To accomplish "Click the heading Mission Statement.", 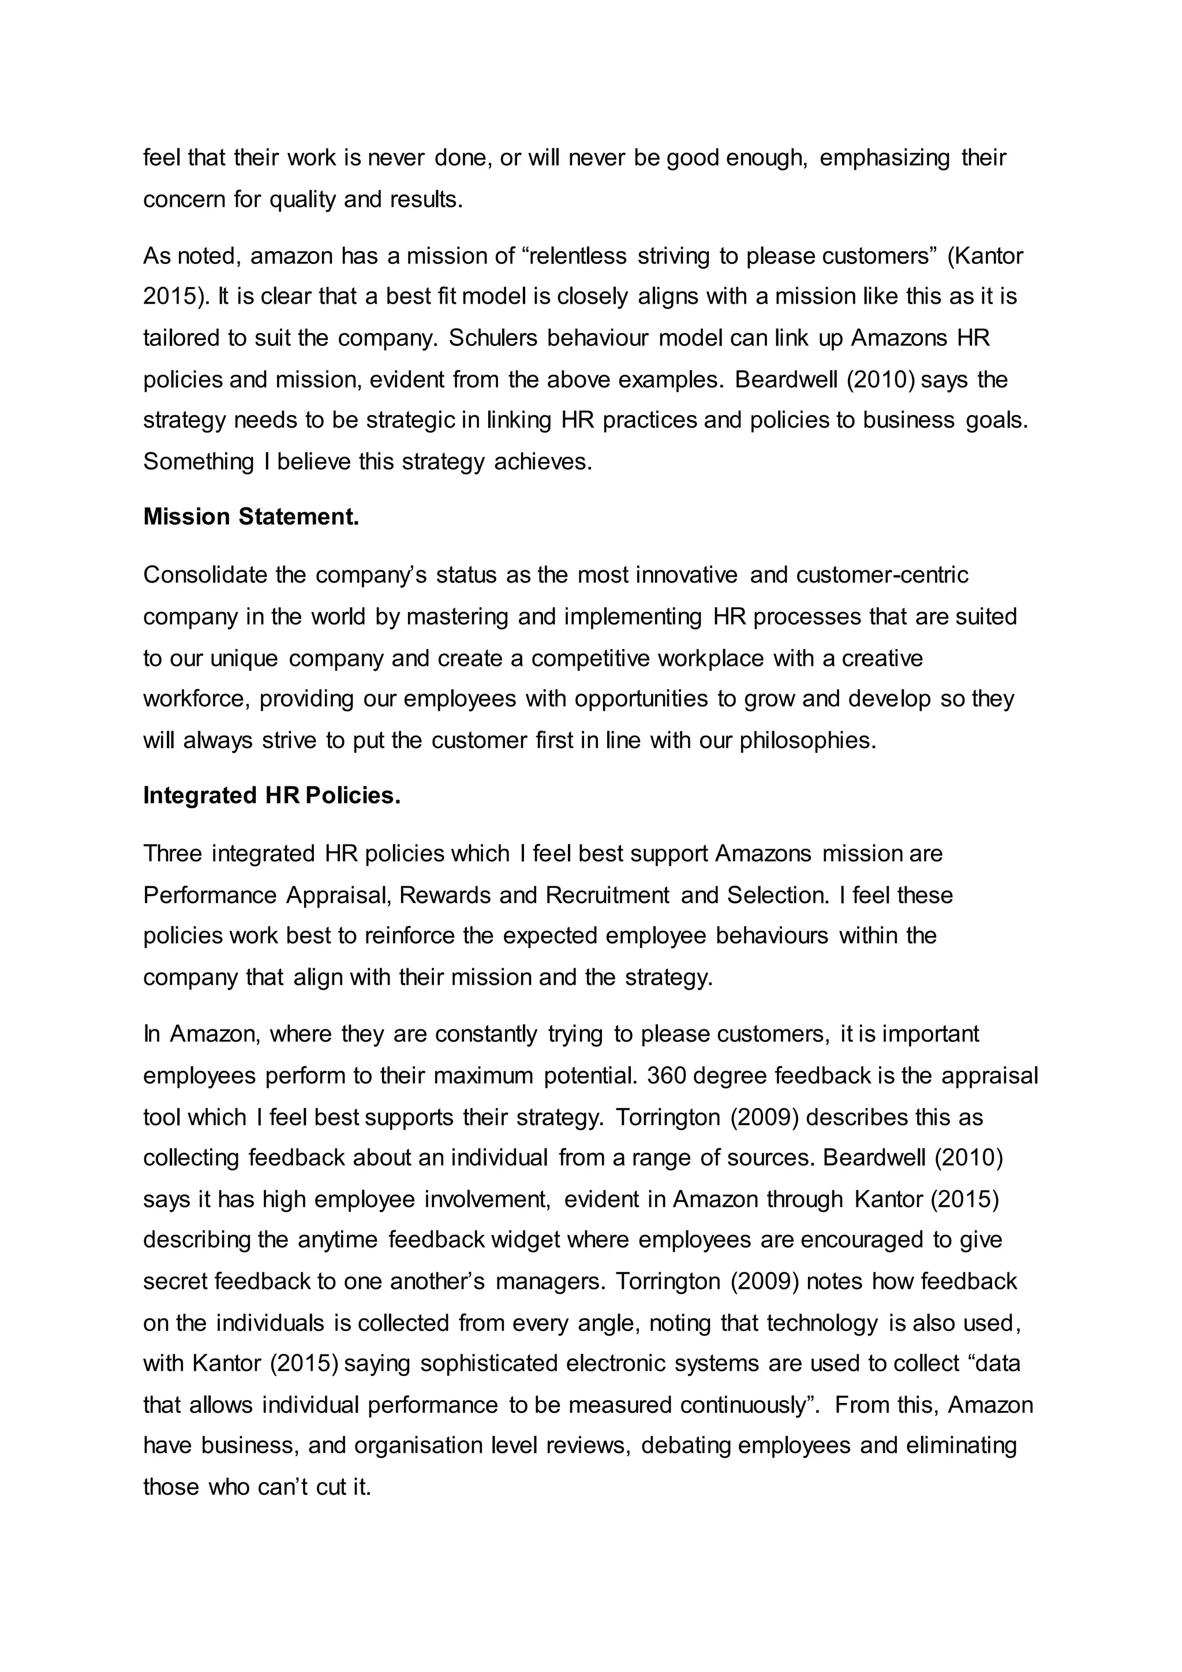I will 251,517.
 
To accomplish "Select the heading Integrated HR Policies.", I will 271,795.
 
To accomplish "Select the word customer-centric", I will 882,575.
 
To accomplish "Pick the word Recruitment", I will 607,895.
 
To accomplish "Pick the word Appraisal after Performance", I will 331,895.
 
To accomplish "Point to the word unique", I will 244,658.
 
